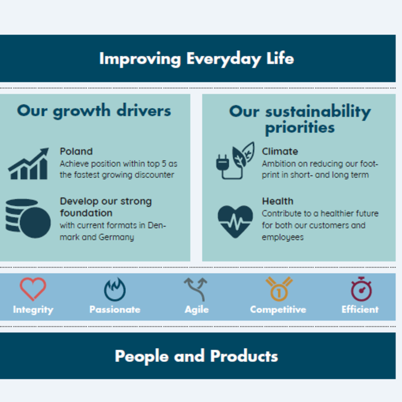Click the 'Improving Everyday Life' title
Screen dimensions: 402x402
196,59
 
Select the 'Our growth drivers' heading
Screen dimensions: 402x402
94,111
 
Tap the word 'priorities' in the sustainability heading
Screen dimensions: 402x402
300,128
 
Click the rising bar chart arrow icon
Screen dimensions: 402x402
28,164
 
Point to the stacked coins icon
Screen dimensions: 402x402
28,218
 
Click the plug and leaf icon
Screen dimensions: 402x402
235,160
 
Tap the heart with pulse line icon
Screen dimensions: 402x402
235,222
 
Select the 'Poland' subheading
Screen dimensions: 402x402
76,151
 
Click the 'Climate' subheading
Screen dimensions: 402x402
280,151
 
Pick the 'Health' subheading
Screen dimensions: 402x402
277,201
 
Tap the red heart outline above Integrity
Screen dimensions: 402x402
33,289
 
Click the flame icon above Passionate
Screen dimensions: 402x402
115,290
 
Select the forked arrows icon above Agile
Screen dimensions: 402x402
196,289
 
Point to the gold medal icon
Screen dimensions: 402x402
279,289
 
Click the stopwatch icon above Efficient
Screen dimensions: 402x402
361,289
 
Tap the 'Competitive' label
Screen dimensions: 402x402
278,310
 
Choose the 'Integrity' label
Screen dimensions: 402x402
33,310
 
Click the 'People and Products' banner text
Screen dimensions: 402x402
196,356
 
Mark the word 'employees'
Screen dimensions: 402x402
283,238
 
